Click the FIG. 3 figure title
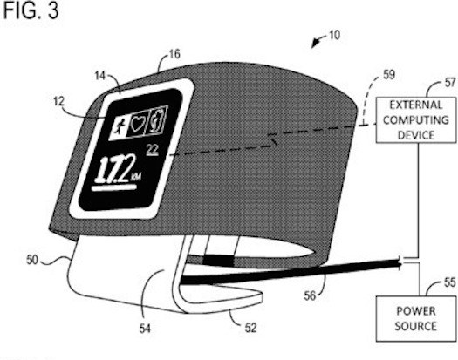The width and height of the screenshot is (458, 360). [x=31, y=10]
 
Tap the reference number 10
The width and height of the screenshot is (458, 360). [x=335, y=35]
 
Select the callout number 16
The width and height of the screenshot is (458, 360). [x=174, y=54]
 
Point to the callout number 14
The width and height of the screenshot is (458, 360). [x=100, y=76]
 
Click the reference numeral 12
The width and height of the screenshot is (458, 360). [x=58, y=102]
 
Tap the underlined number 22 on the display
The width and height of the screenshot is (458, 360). [x=152, y=150]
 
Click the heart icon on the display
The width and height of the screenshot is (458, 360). [x=137, y=124]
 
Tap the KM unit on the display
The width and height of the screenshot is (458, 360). [x=136, y=177]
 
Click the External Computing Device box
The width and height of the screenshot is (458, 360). [x=416, y=120]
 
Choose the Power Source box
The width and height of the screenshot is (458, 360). [x=416, y=318]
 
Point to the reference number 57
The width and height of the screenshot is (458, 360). [x=450, y=83]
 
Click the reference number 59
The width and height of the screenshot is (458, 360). [x=389, y=75]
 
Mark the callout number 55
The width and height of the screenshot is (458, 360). [x=450, y=282]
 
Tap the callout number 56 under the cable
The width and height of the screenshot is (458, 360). [x=310, y=296]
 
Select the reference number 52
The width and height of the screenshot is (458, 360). [x=250, y=328]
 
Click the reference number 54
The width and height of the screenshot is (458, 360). [x=145, y=329]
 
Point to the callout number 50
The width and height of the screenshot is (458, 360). [x=32, y=260]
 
